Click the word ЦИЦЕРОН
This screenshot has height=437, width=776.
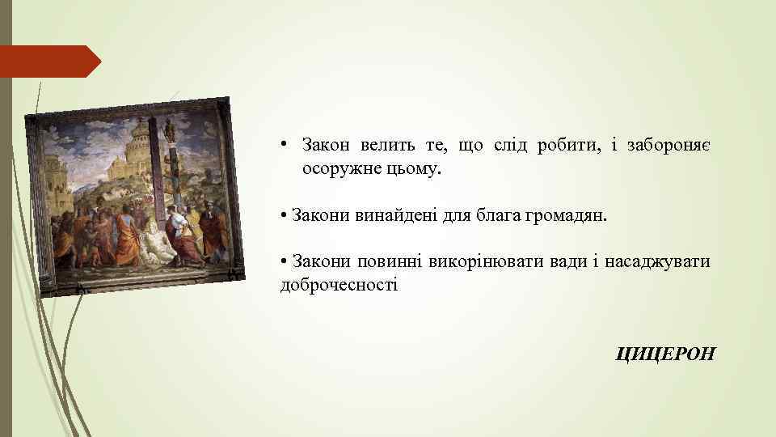pyautogui.click(x=665, y=353)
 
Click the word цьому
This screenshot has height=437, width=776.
pyautogui.click(x=415, y=170)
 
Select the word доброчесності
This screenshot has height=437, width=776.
pyautogui.click(x=339, y=285)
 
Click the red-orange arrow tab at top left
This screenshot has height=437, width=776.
pyautogui.click(x=50, y=62)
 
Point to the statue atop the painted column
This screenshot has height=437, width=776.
pyautogui.click(x=169, y=130)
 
